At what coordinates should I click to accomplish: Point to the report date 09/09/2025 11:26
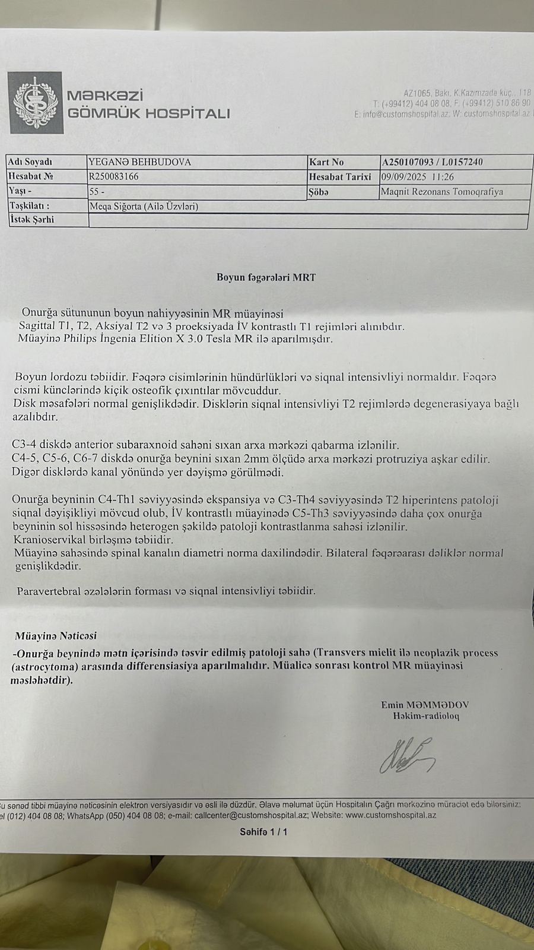[418, 176]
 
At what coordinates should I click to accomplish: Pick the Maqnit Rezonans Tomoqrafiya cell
[441, 192]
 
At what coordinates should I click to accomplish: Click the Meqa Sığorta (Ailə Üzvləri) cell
[143, 207]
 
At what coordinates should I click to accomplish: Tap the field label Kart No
[326, 161]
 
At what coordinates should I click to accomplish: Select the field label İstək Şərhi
[31, 220]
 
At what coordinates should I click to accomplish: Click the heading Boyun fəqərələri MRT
[266, 277]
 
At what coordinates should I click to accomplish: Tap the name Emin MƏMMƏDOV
[425, 705]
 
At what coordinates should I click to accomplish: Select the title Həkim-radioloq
[425, 716]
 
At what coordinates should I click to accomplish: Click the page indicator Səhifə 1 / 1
[263, 832]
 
